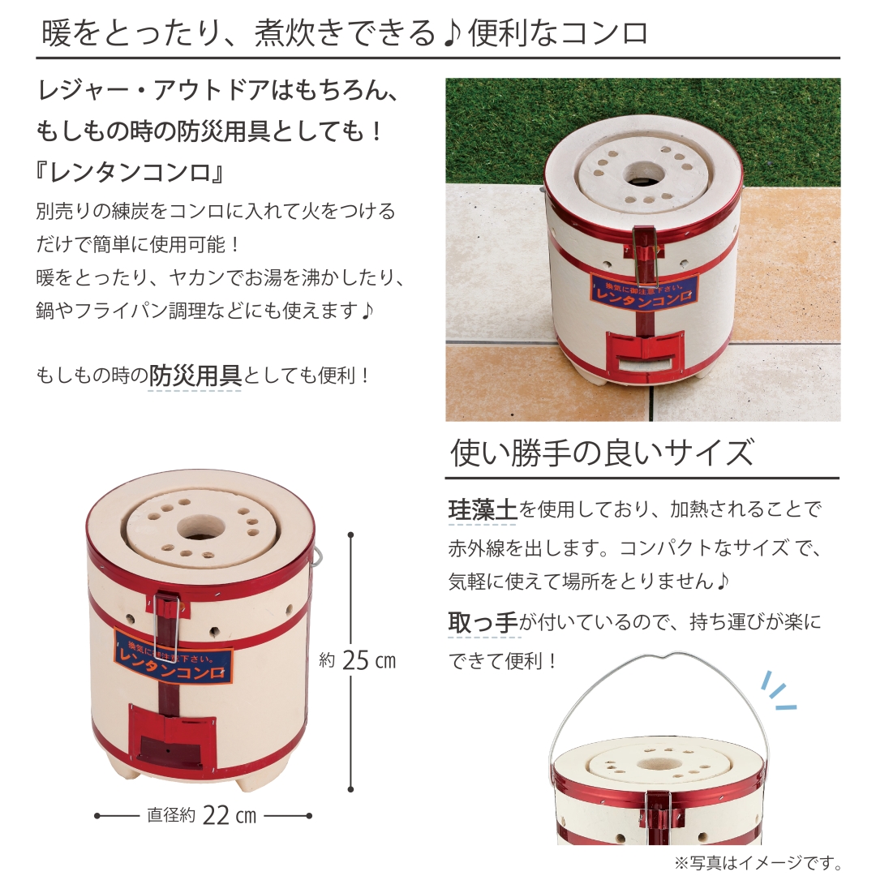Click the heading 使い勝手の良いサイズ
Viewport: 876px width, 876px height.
point(602,453)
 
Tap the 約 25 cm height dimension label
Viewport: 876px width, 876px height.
point(358,660)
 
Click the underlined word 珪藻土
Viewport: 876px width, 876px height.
point(483,509)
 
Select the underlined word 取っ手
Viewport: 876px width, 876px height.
point(483,623)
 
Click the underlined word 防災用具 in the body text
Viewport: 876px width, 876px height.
point(195,376)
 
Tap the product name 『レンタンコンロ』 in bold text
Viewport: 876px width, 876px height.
point(130,174)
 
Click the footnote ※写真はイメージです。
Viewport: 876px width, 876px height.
point(758,862)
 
